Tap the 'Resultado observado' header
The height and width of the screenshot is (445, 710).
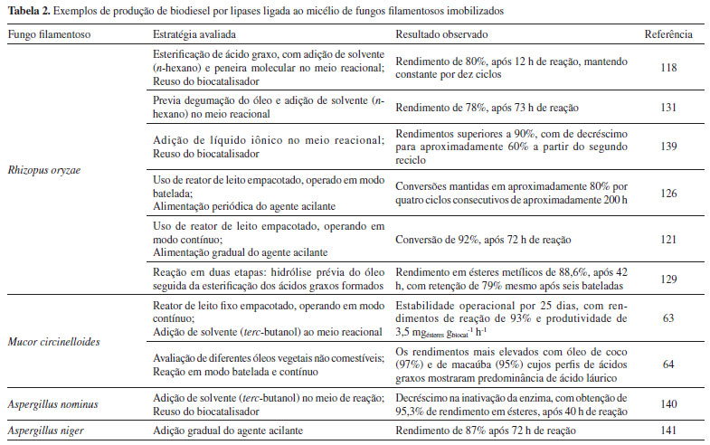[440, 34]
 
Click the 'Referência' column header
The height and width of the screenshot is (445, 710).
[669, 34]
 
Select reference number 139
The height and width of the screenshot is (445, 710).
[668, 146]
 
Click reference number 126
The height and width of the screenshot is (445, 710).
[668, 193]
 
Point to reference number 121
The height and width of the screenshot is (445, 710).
[668, 239]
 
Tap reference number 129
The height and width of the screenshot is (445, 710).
[668, 279]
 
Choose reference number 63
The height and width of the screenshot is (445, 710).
[668, 318]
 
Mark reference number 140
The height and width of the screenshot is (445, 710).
[668, 405]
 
